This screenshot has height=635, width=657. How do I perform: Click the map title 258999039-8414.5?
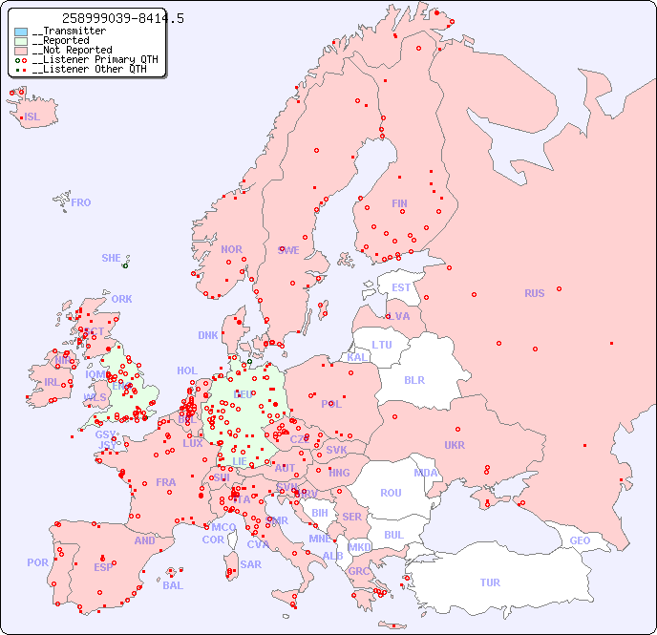point(122,18)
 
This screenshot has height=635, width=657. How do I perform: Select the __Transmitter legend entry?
point(68,32)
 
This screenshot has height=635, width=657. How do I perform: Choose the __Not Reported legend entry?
point(72,51)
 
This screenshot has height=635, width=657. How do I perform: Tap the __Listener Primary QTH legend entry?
point(88,59)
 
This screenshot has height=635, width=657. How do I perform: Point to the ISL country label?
point(32,117)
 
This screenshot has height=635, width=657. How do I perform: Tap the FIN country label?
point(399,203)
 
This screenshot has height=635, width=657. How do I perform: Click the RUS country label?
point(534,293)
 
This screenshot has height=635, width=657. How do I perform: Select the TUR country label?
point(490,582)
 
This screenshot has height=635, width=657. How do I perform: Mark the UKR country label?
point(455,445)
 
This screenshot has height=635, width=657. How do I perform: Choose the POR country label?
point(37,562)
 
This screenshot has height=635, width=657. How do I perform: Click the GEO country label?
point(580,540)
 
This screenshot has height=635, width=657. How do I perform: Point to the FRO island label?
point(81,202)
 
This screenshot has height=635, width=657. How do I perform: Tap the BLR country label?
point(413,379)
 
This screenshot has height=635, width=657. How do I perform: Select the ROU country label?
point(391,493)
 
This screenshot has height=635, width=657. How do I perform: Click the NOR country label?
point(231,249)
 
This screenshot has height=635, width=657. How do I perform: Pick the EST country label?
point(401,287)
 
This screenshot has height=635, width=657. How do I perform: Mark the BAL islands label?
point(173,585)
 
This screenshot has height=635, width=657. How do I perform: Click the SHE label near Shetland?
point(111,258)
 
